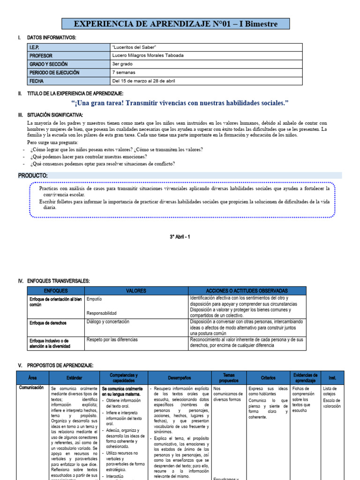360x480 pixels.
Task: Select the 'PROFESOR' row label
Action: [42, 55]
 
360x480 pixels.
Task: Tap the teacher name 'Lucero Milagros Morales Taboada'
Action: [148, 55]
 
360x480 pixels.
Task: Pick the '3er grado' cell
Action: [122, 64]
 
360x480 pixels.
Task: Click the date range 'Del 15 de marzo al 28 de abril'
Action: [143, 81]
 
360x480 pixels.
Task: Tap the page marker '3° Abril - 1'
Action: [180, 237]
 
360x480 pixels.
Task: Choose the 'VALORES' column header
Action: [136, 291]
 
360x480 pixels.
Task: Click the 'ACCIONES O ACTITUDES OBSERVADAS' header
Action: [247, 291]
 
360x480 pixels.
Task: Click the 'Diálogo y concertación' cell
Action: [108, 322]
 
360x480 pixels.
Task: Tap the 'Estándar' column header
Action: [74, 378]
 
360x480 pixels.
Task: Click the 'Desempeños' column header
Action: [179, 378]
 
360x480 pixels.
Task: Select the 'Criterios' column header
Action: [268, 378]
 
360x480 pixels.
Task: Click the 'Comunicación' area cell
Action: [31, 388]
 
